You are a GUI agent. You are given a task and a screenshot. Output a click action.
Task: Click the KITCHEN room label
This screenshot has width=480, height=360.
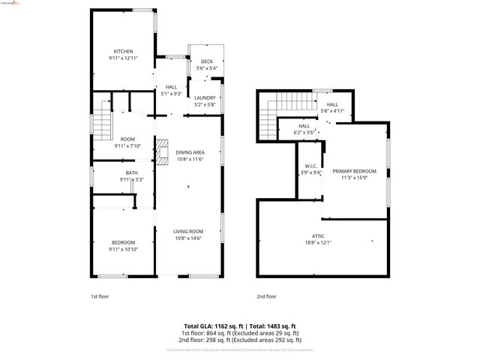coord(123,52)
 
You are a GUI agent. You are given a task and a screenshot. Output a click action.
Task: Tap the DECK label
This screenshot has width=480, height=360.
coord(206,61)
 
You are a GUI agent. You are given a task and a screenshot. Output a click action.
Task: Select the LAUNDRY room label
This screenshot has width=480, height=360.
coord(205,98)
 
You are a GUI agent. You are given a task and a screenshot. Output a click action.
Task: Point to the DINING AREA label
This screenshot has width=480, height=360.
coord(189,152)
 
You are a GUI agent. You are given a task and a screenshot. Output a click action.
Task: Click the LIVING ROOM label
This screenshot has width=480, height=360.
coord(189,231)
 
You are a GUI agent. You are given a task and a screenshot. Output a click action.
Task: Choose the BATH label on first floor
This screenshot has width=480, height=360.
coord(131,173)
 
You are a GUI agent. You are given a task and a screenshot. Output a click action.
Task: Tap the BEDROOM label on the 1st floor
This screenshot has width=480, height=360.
coord(123,241)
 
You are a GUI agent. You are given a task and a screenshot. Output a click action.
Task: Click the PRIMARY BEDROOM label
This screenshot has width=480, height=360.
coord(354,172)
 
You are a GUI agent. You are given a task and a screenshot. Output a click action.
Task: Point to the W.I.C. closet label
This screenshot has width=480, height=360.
coord(310,166)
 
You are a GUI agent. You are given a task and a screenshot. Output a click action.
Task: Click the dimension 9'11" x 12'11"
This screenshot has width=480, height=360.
coord(123,58)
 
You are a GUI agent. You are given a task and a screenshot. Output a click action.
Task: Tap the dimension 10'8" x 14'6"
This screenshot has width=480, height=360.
coord(189,238)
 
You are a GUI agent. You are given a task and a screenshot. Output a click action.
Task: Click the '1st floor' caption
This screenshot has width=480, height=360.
coord(100,296)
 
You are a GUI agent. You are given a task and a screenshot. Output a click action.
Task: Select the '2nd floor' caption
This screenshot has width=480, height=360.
coord(266,296)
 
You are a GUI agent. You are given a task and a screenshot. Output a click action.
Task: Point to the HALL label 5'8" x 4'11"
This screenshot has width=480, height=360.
coord(332,105)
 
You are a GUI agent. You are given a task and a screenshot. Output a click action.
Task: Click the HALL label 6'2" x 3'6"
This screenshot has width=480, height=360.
coord(304,126)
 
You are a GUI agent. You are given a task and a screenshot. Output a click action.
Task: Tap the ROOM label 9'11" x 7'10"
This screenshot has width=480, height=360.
coord(127,139)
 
